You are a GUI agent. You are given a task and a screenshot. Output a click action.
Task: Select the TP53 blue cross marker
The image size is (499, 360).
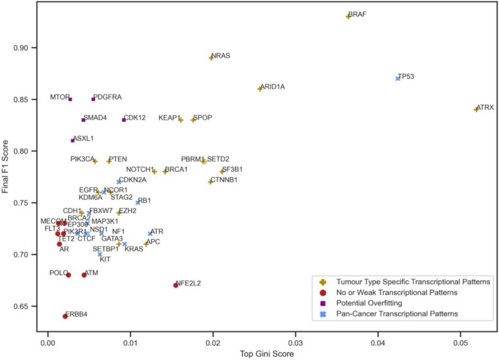tap(398, 78)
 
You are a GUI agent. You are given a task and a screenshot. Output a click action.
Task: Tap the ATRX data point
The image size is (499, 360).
tap(477, 109)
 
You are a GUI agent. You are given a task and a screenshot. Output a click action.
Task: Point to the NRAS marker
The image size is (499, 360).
tap(211, 58)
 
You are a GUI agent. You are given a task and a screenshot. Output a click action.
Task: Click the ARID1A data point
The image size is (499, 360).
tap(260, 89)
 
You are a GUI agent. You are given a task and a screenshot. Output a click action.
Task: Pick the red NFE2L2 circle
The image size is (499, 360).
tap(176, 285)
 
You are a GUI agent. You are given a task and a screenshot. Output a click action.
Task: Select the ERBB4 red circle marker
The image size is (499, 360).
tap(65, 316)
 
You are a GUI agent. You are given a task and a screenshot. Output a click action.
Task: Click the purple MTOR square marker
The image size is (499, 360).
tap(70, 99)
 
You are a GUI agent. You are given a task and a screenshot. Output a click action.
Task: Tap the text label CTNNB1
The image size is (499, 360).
tap(224, 180)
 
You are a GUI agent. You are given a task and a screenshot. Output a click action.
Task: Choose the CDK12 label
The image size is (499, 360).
tap(139, 118)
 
